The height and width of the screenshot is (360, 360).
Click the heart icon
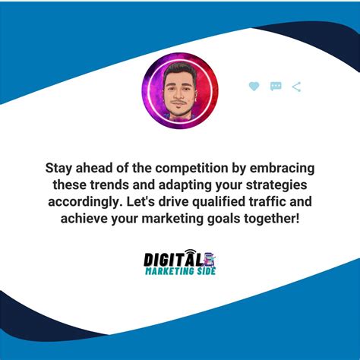pos(254,87)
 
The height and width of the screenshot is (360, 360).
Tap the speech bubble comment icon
pos(276,87)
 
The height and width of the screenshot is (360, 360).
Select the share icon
pos(296,87)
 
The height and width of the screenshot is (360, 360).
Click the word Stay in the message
pos(60,169)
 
